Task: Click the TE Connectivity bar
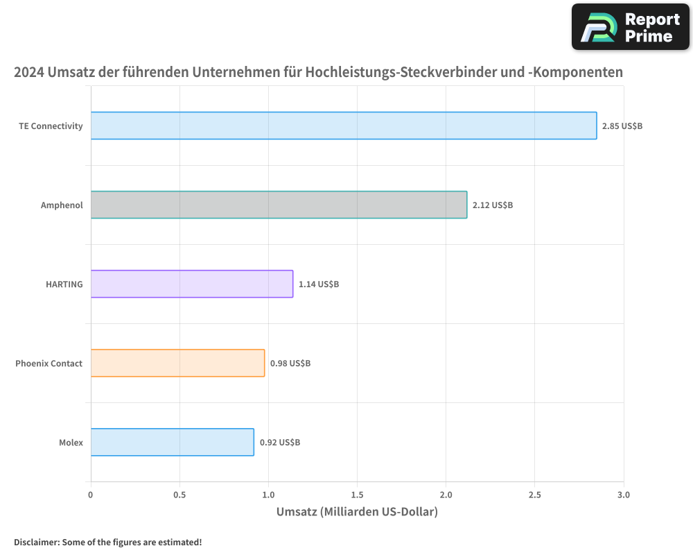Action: tap(343, 126)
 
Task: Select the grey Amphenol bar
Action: tap(279, 205)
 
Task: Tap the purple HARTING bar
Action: tap(191, 284)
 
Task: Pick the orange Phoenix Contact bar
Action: tap(177, 363)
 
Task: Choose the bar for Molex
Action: tap(172, 442)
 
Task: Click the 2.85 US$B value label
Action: tap(622, 126)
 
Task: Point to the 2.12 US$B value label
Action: tap(492, 205)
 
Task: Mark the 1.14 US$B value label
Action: tap(318, 284)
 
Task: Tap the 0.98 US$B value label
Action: tap(290, 364)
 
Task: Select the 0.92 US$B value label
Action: tap(279, 443)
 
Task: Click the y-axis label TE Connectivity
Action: tap(51, 126)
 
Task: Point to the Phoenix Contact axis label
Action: tap(49, 364)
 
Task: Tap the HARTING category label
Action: tap(65, 284)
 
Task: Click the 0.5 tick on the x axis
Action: tap(179, 495)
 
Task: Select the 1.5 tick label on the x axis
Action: tap(357, 495)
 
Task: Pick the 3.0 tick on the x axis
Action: tap(623, 495)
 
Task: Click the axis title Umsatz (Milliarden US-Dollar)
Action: tap(357, 513)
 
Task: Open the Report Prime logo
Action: tap(630, 27)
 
